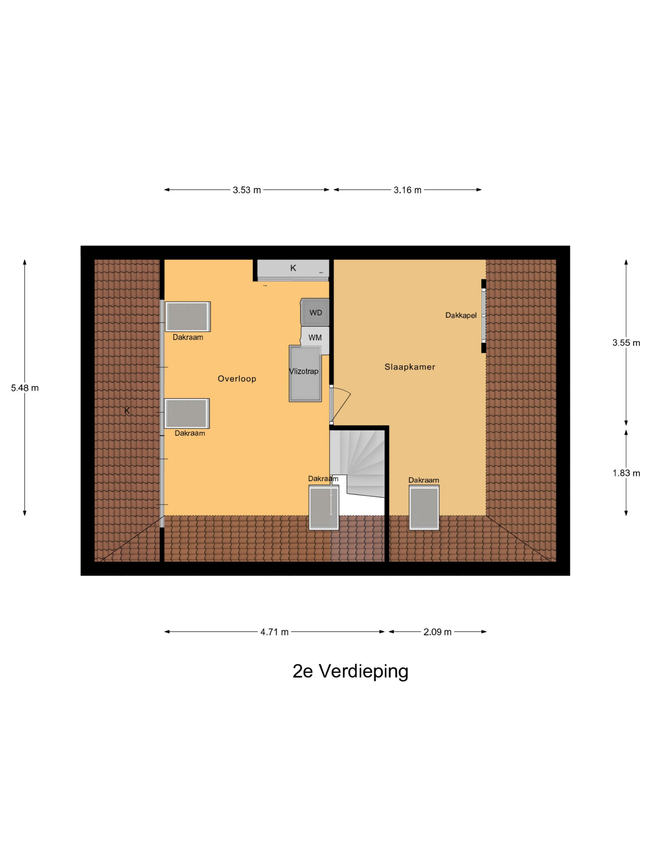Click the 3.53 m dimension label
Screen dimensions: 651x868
246,190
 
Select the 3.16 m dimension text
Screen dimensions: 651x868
407,190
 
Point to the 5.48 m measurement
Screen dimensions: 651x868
25,388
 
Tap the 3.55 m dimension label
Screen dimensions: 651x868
626,342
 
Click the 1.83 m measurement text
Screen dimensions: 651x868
626,473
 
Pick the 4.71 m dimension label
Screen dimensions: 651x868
274,632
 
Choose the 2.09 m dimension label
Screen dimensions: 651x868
437,632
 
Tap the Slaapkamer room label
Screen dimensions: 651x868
410,367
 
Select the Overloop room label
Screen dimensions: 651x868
237,379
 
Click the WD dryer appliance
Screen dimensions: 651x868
315,312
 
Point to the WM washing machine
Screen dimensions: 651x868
315,337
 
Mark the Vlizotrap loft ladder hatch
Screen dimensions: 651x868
305,373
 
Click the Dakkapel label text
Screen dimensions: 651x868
461,315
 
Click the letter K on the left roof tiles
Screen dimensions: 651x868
127,411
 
